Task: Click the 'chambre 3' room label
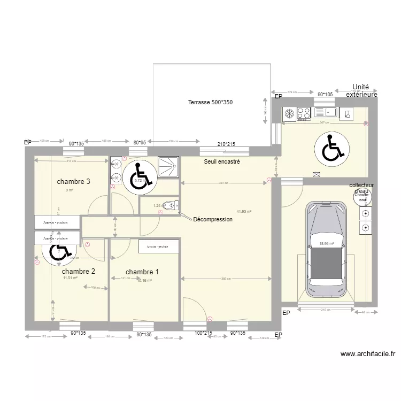pos(73,181)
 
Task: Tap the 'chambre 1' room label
pos(142,272)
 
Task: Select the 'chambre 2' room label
pos(79,271)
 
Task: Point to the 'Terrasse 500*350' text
pos(210,102)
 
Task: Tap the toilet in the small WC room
pos(170,205)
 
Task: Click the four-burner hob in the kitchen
pos(304,113)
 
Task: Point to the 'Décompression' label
pos(213,219)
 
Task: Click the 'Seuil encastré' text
pos(222,161)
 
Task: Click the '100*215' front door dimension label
pos(203,333)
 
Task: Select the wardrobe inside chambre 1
pos(158,246)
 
